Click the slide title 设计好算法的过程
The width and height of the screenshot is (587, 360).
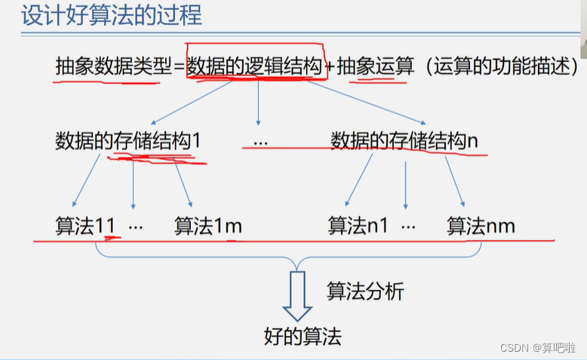(x=111, y=16)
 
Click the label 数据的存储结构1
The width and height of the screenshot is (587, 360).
(x=128, y=141)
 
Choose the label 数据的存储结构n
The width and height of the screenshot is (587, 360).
(x=404, y=141)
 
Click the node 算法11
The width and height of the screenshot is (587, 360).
(x=84, y=226)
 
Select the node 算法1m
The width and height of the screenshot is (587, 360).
(x=208, y=226)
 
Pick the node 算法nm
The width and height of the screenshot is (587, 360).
(x=481, y=226)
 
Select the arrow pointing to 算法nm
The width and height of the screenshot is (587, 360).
(x=453, y=182)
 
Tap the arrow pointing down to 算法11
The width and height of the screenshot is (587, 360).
(x=85, y=181)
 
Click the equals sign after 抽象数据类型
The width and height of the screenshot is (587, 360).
(x=179, y=67)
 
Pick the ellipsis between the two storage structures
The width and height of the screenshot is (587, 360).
(x=261, y=142)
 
